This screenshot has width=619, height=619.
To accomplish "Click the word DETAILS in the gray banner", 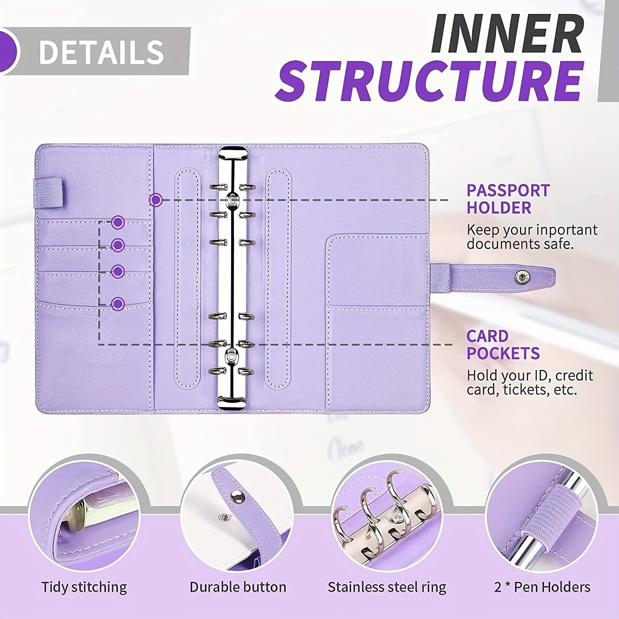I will pyautogui.click(x=101, y=52).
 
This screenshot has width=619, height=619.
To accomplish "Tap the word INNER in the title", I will pyautogui.click(x=507, y=33).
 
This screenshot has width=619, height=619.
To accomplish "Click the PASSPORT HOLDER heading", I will pyautogui.click(x=508, y=199).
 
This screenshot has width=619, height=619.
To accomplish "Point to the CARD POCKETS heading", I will pyautogui.click(x=503, y=345).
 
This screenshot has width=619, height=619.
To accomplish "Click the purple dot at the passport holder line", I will pyautogui.click(x=156, y=200).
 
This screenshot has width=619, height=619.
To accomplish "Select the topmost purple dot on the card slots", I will pyautogui.click(x=118, y=222).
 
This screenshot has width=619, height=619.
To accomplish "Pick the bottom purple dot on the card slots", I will pyautogui.click(x=118, y=304).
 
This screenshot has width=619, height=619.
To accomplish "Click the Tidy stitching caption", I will pyautogui.click(x=84, y=587).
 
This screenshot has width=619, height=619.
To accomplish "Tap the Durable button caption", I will pyautogui.click(x=238, y=587).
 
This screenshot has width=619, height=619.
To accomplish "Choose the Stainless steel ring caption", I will pyautogui.click(x=387, y=587).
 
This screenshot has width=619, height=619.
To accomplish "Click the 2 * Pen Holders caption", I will pyautogui.click(x=542, y=587).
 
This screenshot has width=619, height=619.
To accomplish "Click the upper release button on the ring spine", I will pyautogui.click(x=232, y=201).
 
